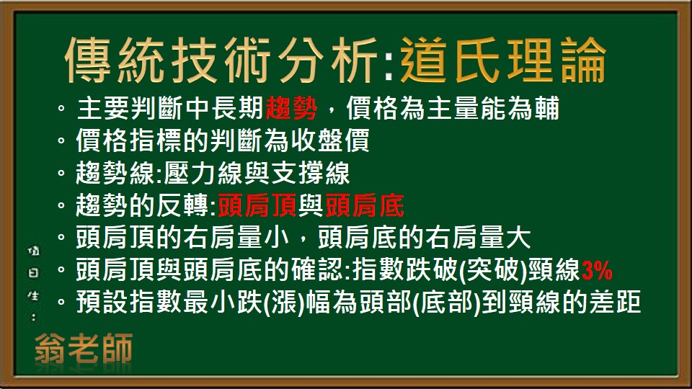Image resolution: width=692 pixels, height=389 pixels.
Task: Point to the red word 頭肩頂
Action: (257, 207)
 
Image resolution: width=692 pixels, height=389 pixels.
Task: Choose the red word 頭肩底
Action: (365, 207)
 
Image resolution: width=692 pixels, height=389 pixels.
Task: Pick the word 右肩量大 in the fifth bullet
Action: (487, 239)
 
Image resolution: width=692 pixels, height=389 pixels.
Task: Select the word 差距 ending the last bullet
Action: (619, 303)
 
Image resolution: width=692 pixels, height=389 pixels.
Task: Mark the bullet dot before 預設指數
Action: (61, 304)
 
